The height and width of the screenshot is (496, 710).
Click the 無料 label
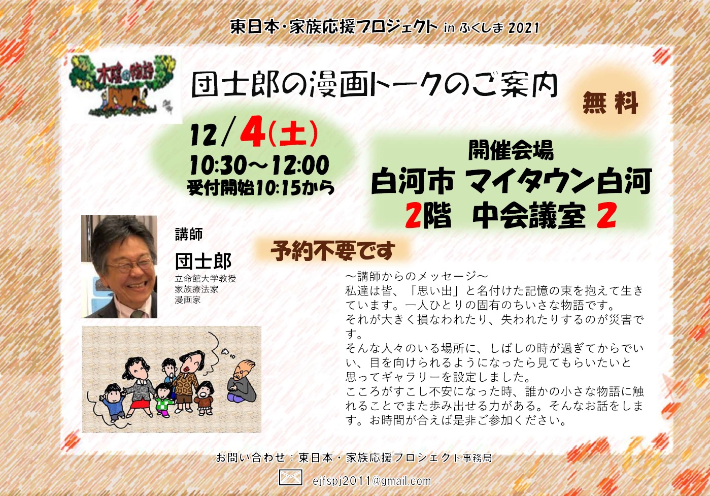[x=610, y=103]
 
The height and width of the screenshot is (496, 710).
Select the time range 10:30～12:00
[x=260, y=165]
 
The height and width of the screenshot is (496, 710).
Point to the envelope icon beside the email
[x=290, y=478]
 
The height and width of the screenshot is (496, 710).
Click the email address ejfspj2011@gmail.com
[x=371, y=481]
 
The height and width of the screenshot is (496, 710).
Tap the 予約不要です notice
[x=332, y=251]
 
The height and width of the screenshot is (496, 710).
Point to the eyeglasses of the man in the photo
[x=130, y=264]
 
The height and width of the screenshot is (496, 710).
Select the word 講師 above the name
[x=189, y=234]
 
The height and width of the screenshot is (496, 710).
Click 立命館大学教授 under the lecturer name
[x=206, y=279]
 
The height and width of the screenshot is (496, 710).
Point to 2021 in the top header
[x=524, y=28]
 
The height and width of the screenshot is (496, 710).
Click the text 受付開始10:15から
[x=261, y=188]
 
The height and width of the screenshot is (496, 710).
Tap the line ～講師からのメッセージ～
[x=417, y=276]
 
